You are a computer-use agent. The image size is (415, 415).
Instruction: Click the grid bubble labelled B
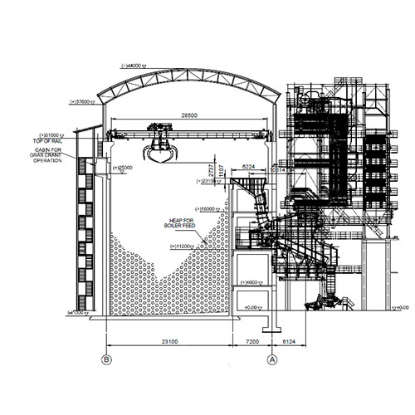(105, 359)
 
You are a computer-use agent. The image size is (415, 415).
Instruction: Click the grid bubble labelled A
(271, 359)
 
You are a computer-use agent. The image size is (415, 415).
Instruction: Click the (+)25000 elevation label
(122, 168)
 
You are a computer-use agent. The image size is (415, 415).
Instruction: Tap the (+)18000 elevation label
(207, 208)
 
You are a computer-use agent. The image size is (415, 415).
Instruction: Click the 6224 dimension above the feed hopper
(248, 167)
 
